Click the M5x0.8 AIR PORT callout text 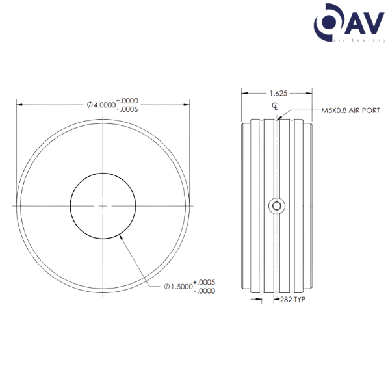coord(350,110)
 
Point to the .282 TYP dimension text coord(292,300)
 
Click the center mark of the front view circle coord(103,205)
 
